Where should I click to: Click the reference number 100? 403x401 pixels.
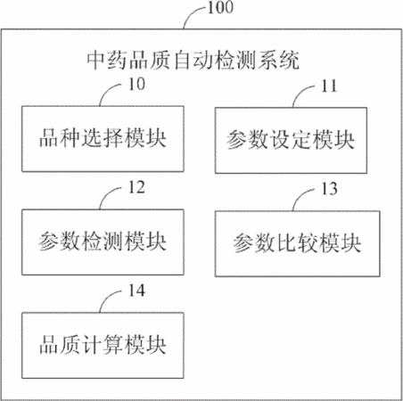click(220, 7)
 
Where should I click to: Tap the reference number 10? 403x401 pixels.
click(136, 84)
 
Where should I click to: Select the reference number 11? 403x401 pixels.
click(329, 86)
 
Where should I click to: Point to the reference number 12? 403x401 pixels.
click(136, 187)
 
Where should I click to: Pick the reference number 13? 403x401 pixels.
click(329, 189)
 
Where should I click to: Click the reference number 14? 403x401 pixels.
click(136, 291)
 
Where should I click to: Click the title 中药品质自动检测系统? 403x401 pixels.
click(193, 61)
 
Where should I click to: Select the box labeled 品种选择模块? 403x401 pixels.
click(103, 139)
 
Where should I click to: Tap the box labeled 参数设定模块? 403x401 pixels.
click(291, 141)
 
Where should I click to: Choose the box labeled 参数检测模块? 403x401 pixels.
click(103, 242)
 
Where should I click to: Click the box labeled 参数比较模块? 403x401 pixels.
click(298, 244)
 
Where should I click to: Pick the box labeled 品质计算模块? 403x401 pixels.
click(103, 345)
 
